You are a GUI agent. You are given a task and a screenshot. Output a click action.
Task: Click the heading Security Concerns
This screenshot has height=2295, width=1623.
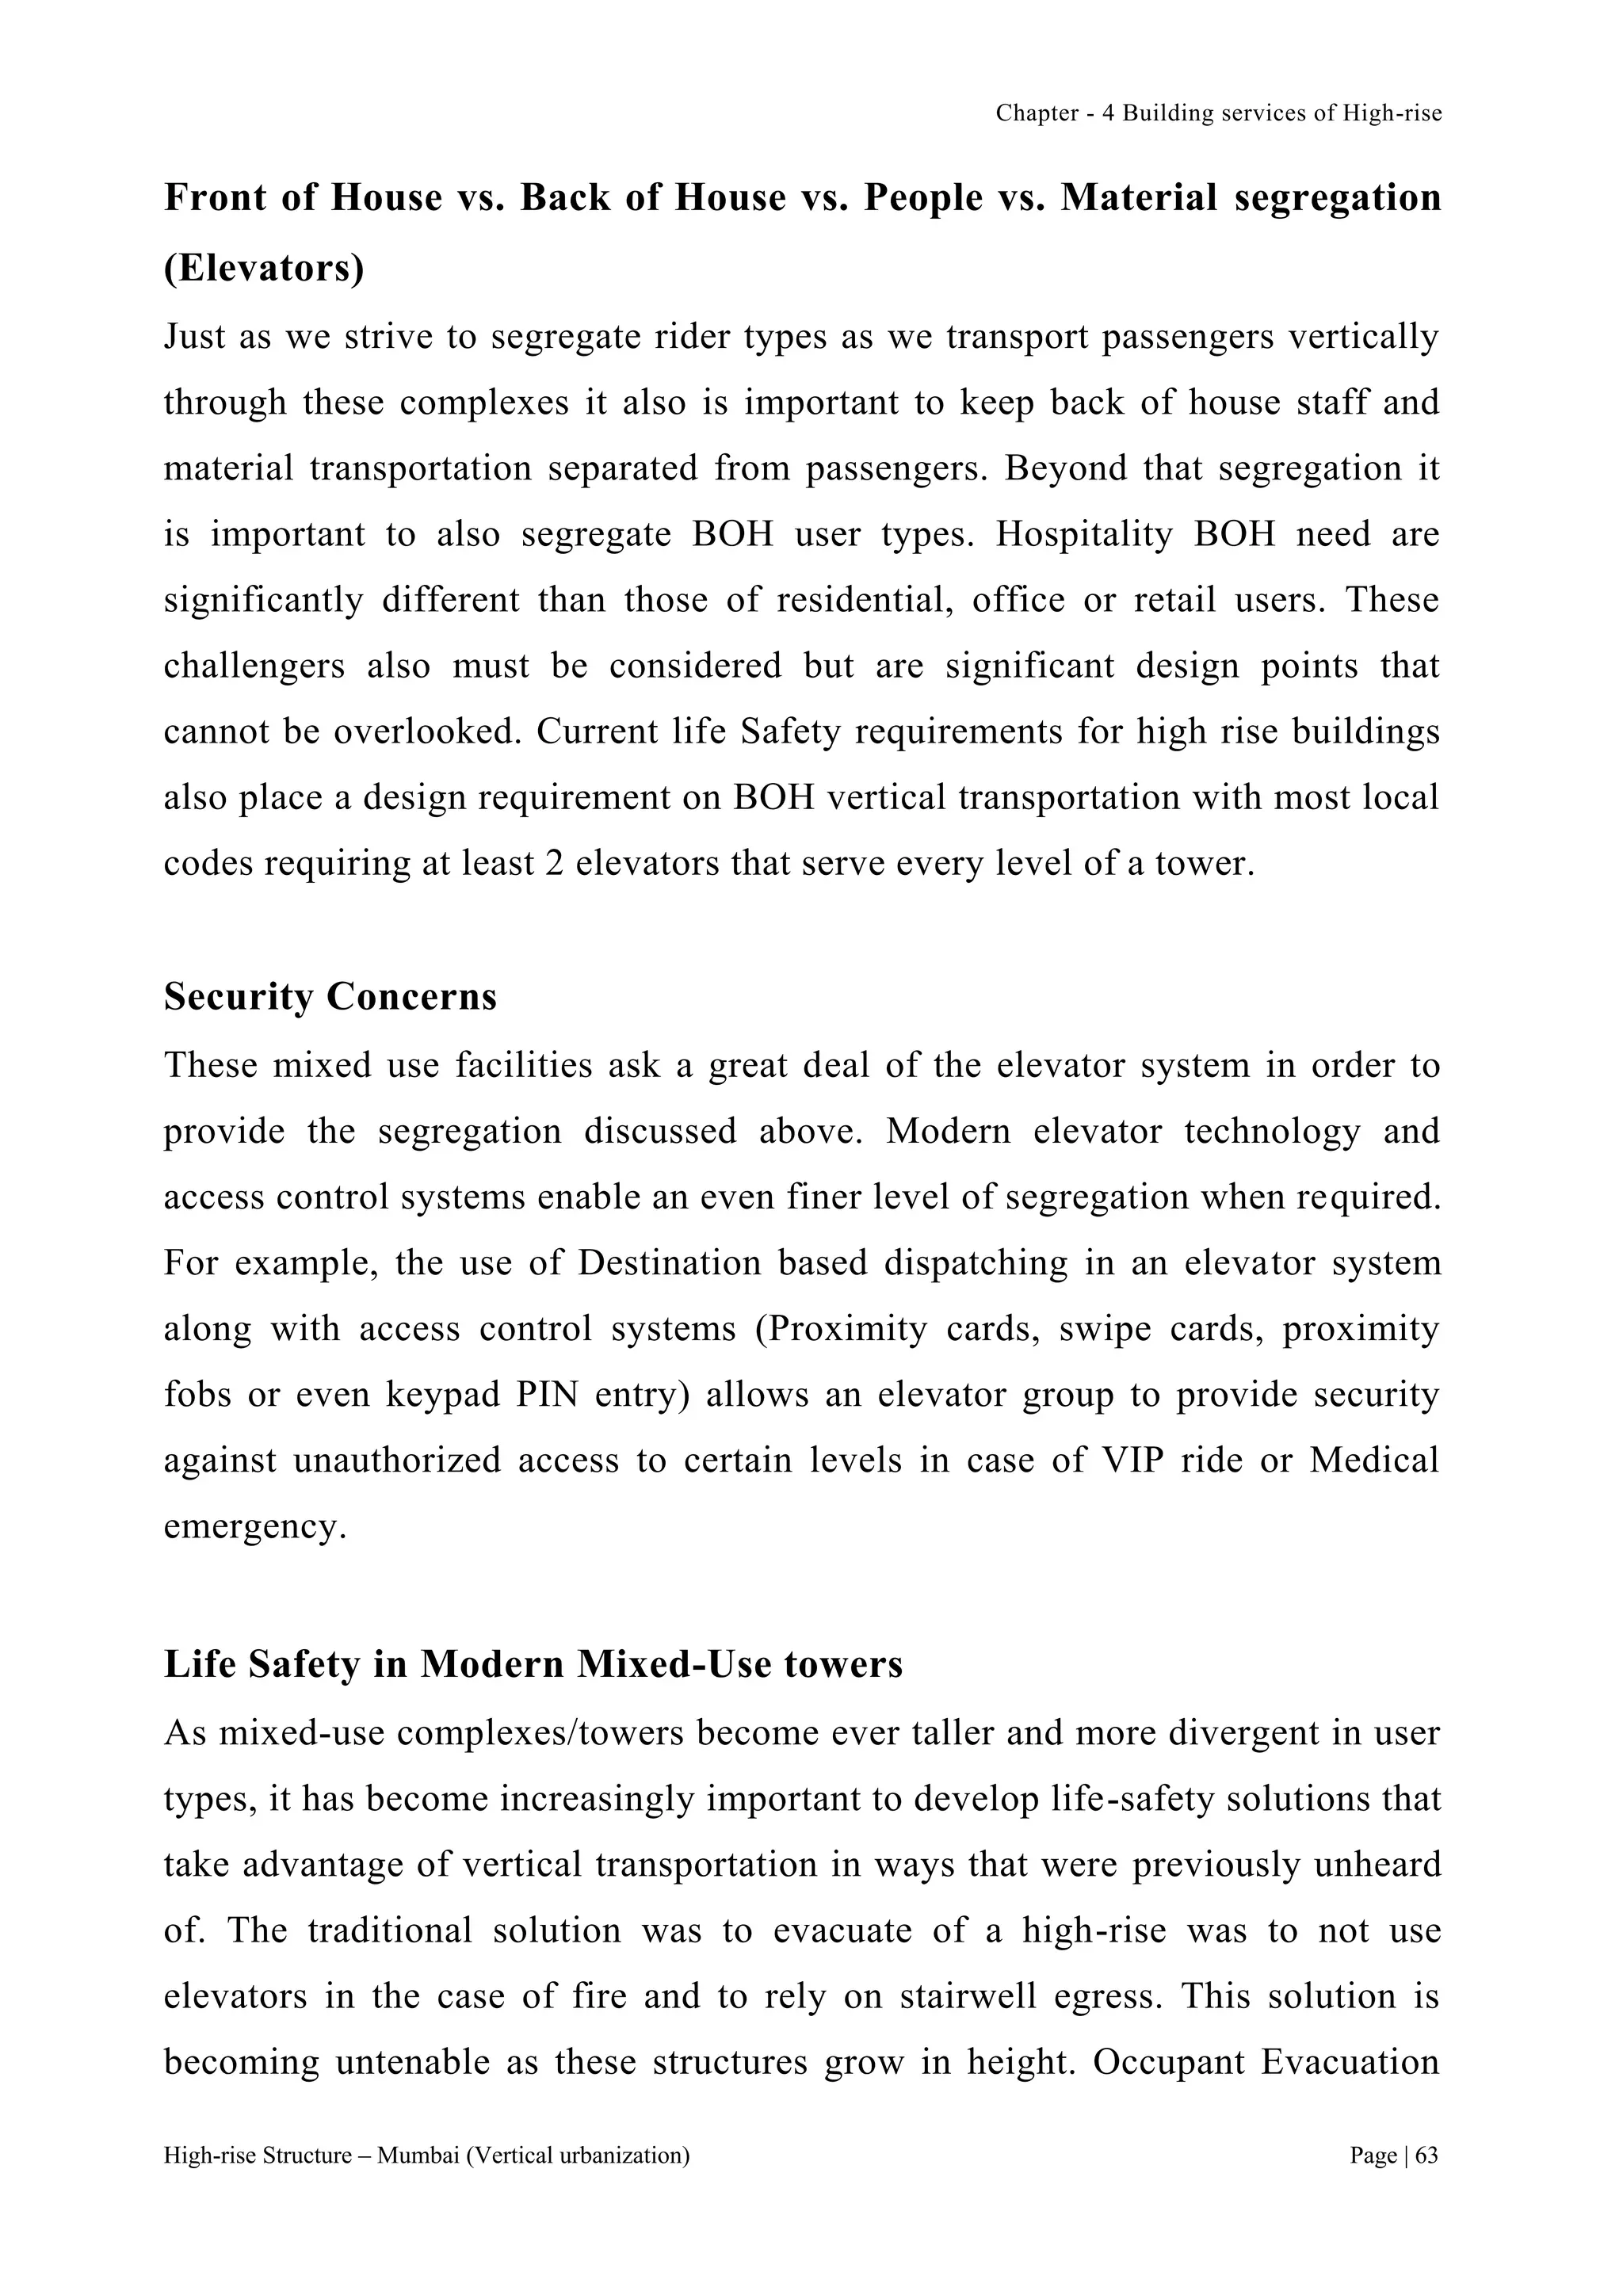(330, 998)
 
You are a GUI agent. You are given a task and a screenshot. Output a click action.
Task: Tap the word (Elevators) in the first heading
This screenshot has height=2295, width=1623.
(264, 269)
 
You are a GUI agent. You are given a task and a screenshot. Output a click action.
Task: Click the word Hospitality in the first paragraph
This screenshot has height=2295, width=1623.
(1083, 534)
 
